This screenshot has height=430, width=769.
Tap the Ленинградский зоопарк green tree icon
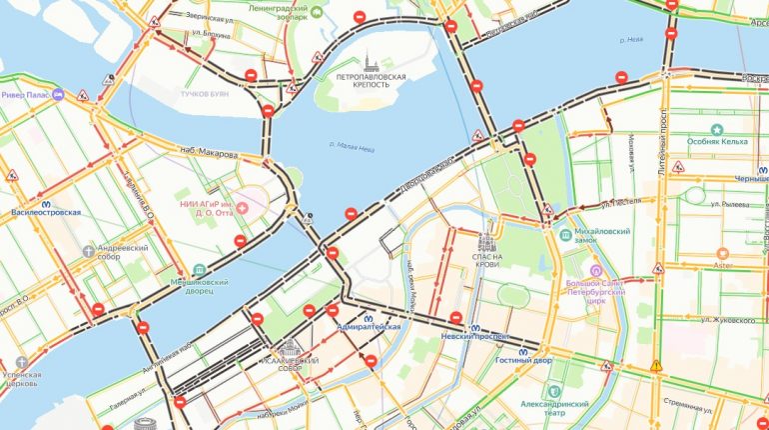(x=316, y=13)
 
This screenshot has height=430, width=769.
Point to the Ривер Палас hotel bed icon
(x=57, y=96)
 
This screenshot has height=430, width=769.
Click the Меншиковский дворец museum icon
(x=200, y=269)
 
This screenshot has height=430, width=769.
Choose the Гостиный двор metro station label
(x=522, y=360)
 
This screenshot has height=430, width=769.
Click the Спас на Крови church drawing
(x=486, y=242)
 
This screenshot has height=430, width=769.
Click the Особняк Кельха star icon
(x=716, y=129)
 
